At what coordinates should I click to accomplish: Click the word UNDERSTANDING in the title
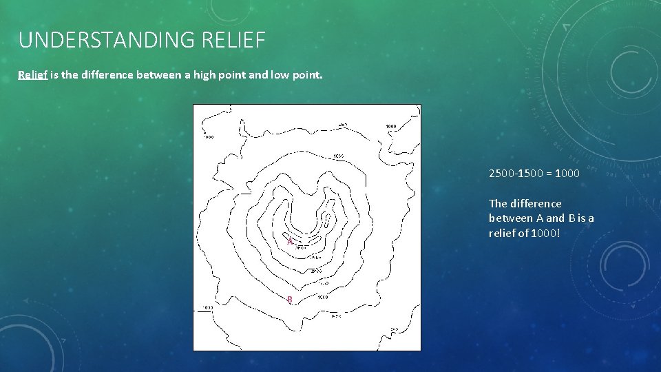108,40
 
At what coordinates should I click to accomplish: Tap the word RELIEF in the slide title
234,40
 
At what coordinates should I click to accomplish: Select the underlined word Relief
32,75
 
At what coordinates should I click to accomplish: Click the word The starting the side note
498,203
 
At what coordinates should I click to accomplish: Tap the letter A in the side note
538,218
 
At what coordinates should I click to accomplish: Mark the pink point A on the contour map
290,242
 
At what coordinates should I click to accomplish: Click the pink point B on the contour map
290,299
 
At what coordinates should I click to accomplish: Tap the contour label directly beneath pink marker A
301,247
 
